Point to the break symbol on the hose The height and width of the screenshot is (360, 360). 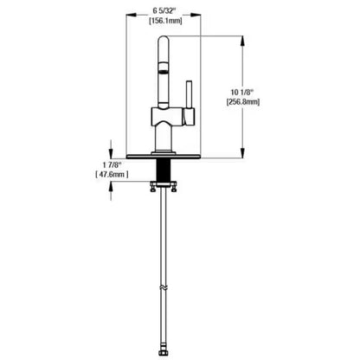(164, 286)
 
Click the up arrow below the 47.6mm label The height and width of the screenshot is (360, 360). (112, 192)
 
